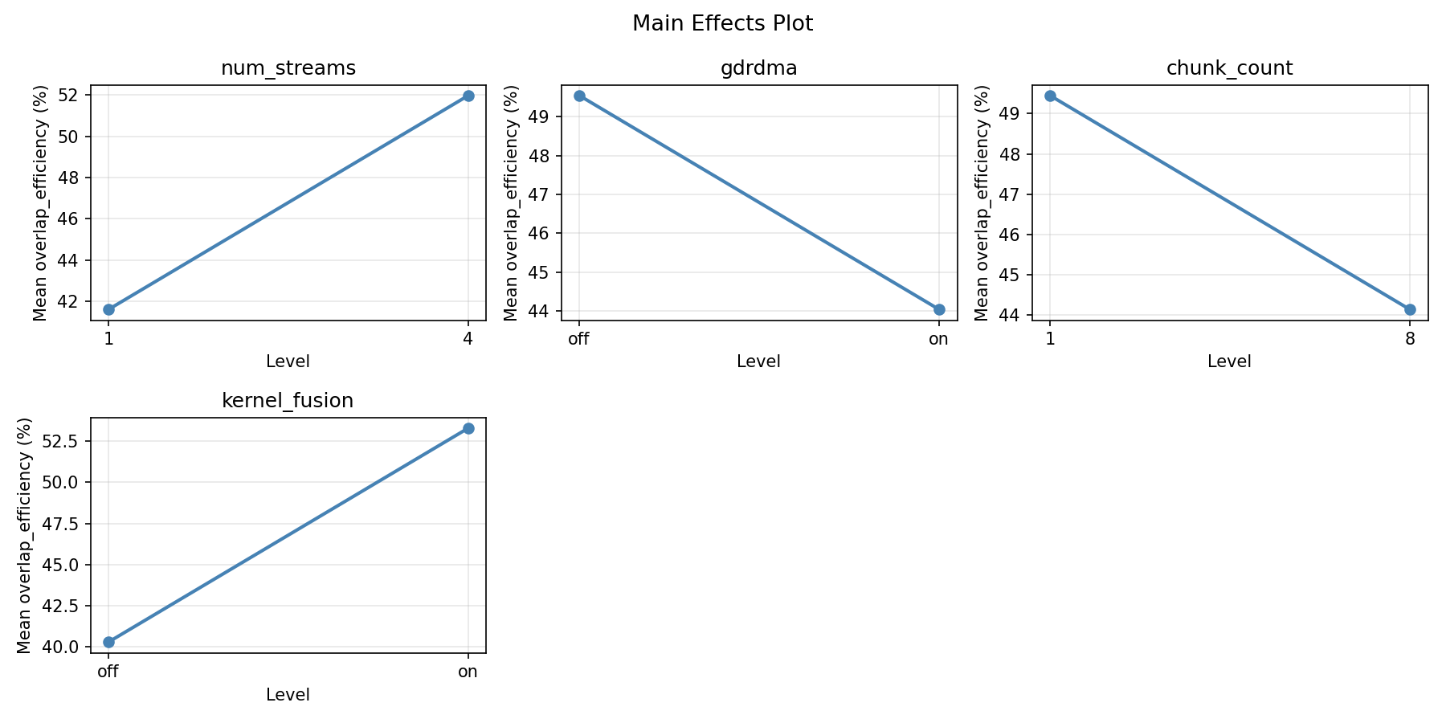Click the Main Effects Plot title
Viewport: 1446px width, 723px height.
tap(722, 23)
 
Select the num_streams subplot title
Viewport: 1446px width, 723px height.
tap(288, 68)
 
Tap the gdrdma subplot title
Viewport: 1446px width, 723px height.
tap(758, 68)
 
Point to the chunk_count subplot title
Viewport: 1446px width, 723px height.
tap(1229, 68)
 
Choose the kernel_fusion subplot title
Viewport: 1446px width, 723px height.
tap(288, 401)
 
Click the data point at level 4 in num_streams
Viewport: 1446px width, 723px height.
tap(468, 96)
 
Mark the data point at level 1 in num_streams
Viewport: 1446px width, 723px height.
tap(108, 309)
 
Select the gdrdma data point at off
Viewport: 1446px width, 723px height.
tap(579, 96)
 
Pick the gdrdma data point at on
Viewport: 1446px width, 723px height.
tap(939, 309)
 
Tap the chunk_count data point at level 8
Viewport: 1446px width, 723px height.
tap(1410, 309)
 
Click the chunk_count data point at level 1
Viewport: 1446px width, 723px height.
tap(1050, 96)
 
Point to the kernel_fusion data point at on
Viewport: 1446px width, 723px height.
tap(468, 428)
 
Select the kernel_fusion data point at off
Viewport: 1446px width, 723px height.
tap(108, 642)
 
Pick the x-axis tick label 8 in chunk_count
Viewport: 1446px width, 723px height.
tap(1410, 339)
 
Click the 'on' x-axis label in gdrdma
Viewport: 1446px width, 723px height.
tap(938, 339)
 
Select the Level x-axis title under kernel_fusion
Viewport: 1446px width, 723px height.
tap(288, 694)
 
